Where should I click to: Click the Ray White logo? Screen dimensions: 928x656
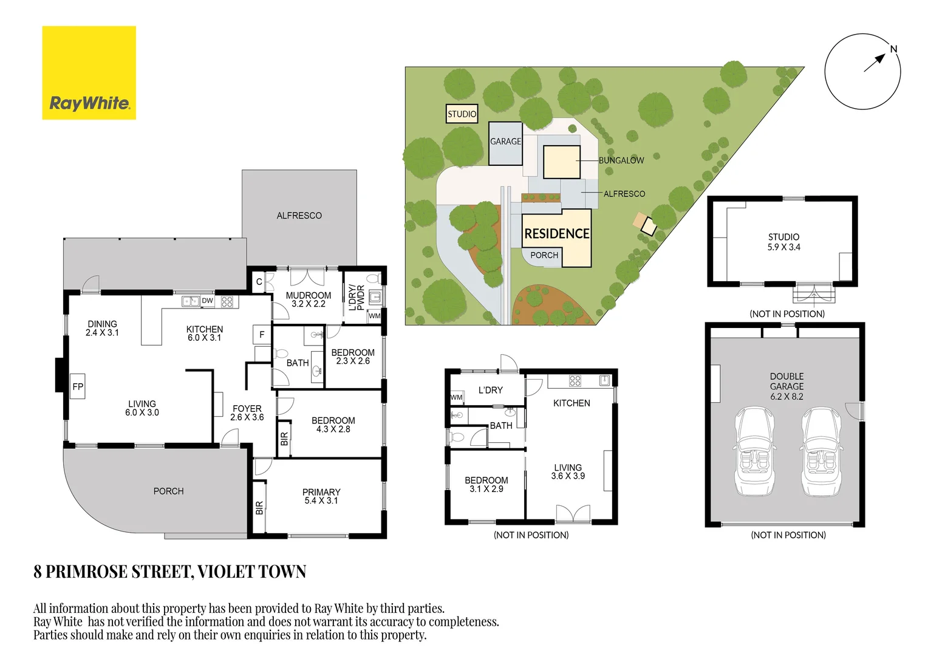point(89,73)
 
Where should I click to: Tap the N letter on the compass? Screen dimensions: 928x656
point(893,49)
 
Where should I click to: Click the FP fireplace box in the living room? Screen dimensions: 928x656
point(78,386)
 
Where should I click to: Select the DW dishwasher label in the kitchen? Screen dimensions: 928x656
point(208,301)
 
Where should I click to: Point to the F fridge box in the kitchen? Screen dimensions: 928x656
point(262,335)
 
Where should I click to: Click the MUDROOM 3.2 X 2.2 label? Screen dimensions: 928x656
point(309,299)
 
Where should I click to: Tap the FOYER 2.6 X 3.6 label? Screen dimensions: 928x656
point(247,413)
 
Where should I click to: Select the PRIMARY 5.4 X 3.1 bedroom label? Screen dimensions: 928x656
point(321,496)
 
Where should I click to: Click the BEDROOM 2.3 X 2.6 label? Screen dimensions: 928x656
point(353,357)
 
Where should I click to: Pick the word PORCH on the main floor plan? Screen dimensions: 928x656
point(169,491)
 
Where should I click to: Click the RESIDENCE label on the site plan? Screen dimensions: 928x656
point(557,234)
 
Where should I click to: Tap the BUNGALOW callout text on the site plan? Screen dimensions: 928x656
point(621,160)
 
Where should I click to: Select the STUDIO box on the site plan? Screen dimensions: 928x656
point(462,114)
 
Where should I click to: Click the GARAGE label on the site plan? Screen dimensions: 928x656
point(505,142)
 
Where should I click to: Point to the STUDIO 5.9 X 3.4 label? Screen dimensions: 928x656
point(784,242)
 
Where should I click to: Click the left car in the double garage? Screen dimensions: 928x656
point(754,451)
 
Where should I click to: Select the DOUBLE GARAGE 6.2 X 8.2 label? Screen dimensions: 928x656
point(786,386)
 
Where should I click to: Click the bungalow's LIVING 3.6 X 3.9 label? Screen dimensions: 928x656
point(568,471)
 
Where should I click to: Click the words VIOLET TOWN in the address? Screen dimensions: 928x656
point(252,572)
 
